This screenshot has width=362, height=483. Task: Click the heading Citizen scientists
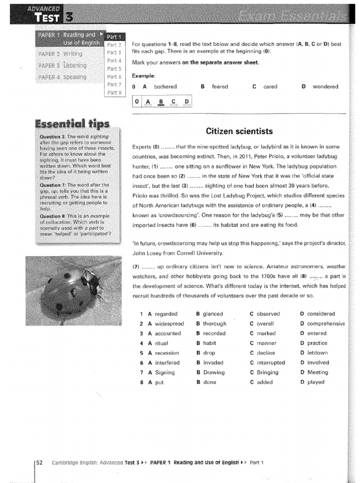click(x=239, y=131)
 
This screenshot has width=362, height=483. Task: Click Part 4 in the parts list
click(x=114, y=60)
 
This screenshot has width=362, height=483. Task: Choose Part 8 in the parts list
click(x=114, y=92)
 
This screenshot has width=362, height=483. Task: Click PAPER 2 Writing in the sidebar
click(x=60, y=53)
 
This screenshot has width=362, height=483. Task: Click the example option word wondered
click(x=325, y=87)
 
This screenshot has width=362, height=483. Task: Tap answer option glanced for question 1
click(x=213, y=314)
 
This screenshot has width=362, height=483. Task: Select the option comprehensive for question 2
click(x=326, y=324)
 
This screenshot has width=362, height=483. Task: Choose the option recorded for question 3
click(x=214, y=333)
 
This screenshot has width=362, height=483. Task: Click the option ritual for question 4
click(x=161, y=343)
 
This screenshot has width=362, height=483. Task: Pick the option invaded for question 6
click(x=213, y=363)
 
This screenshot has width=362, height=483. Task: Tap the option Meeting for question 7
click(x=318, y=372)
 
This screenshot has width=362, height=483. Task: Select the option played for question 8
click(x=316, y=382)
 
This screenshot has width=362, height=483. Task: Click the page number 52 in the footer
click(x=40, y=463)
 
